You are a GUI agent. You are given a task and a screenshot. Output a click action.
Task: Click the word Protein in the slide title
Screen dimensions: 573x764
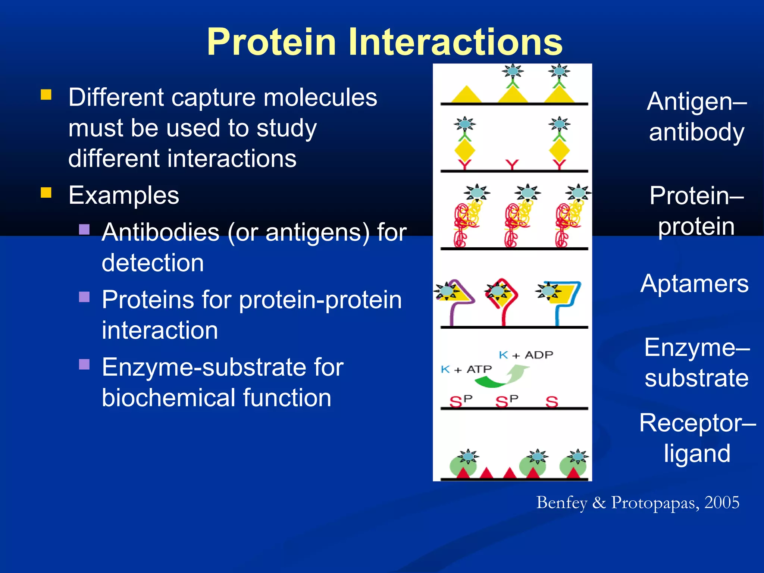point(272,42)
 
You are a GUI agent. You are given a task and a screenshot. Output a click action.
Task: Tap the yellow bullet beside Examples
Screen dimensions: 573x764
point(46,192)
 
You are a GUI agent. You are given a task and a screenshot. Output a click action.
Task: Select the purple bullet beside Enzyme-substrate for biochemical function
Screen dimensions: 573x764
point(84,364)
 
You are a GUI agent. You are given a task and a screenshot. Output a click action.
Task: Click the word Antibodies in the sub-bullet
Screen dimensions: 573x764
point(160,232)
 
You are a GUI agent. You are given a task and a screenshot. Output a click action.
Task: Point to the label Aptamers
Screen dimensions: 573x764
point(694,284)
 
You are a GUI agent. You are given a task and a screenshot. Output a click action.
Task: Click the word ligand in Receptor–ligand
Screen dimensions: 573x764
point(697,453)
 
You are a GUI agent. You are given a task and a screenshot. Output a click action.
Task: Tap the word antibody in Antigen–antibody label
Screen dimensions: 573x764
point(696,132)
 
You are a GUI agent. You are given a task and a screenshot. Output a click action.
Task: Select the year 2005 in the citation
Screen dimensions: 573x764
point(721,502)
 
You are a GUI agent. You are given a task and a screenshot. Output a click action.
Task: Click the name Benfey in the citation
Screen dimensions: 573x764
point(562,502)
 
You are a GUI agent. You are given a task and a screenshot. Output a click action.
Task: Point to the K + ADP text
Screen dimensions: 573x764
point(526,355)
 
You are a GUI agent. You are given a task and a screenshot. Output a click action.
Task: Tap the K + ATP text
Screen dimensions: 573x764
point(466,369)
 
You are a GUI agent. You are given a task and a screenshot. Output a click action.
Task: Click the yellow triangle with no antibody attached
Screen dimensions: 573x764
point(466,95)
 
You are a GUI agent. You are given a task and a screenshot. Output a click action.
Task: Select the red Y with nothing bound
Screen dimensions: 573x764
point(512,165)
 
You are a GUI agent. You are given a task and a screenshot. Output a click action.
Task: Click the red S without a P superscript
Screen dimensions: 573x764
point(552,402)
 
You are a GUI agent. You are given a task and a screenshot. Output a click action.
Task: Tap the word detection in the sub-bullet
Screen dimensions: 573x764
point(153,263)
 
